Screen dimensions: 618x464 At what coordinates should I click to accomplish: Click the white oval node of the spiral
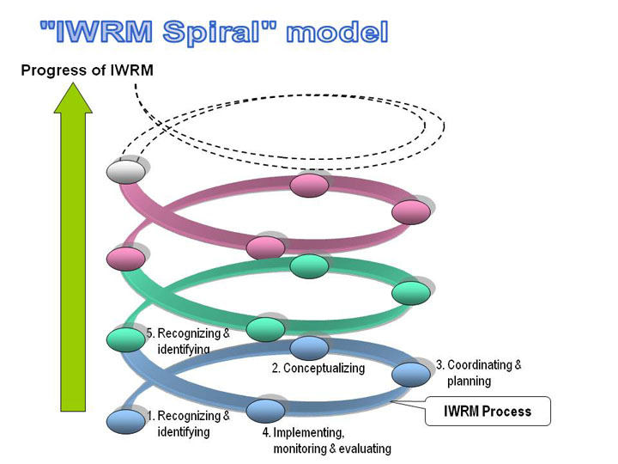pyautogui.click(x=126, y=172)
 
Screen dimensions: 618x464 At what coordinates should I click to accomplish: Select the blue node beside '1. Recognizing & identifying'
pyautogui.click(x=126, y=421)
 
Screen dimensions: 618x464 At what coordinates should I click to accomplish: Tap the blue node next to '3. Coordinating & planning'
pyautogui.click(x=411, y=374)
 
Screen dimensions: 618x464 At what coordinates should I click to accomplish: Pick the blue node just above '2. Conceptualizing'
pyautogui.click(x=309, y=348)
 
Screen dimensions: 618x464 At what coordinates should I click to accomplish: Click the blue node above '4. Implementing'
pyautogui.click(x=265, y=411)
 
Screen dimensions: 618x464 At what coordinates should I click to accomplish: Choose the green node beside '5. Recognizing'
pyautogui.click(x=126, y=339)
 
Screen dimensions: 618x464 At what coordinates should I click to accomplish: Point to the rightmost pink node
pyautogui.click(x=411, y=212)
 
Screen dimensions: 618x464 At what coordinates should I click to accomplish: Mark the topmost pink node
pyautogui.click(x=309, y=185)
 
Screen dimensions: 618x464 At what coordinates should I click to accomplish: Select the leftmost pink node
pyautogui.click(x=126, y=259)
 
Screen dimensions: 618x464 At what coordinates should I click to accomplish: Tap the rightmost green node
pyautogui.click(x=411, y=293)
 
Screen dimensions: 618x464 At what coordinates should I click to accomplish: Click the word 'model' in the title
pyautogui.click(x=337, y=33)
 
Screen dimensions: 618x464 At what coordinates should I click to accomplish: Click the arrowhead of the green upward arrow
pyautogui.click(x=73, y=82)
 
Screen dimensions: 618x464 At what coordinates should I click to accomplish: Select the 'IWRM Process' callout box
pyautogui.click(x=488, y=411)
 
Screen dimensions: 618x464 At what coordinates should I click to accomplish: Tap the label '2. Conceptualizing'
pyautogui.click(x=318, y=368)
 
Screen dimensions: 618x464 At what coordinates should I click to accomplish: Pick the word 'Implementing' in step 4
pyautogui.click(x=309, y=433)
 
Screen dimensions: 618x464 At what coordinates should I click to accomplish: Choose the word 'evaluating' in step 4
pyautogui.click(x=365, y=449)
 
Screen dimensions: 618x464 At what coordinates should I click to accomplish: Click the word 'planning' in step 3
pyautogui.click(x=469, y=382)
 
